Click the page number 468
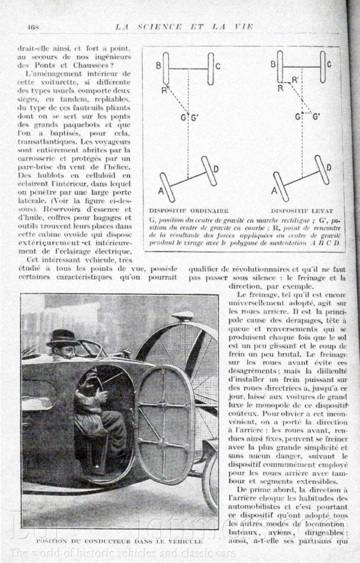pos(33,27)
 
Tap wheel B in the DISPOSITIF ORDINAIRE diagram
pos(166,68)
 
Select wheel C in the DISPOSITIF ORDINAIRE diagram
pos(210,68)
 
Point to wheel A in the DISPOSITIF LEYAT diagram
pos(280,186)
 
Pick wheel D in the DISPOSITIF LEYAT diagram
pos(322,169)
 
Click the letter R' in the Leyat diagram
pos(295,80)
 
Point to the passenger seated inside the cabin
pos(99,412)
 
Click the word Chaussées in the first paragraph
pos(108,65)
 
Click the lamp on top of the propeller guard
pos(183,316)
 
